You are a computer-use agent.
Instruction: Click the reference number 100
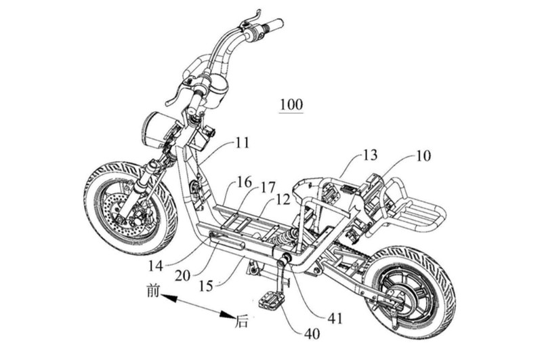[291, 106]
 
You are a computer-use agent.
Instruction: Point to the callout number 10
[423, 157]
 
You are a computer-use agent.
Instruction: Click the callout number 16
[244, 182]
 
